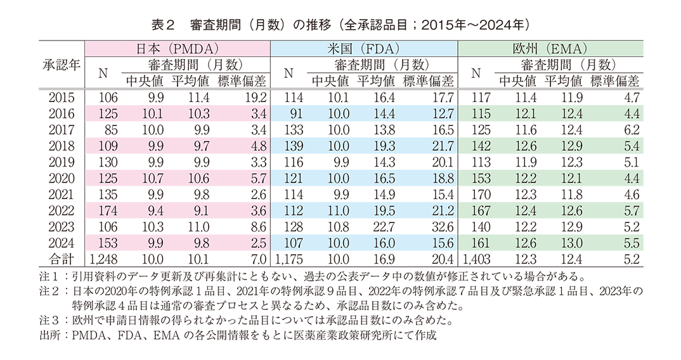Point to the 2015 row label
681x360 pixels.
point(62,98)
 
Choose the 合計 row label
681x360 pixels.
point(62,259)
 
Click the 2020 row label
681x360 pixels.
point(62,178)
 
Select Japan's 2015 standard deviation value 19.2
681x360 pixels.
point(253,98)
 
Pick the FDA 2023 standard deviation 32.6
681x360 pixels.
point(441,226)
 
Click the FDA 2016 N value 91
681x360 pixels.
point(294,113)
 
